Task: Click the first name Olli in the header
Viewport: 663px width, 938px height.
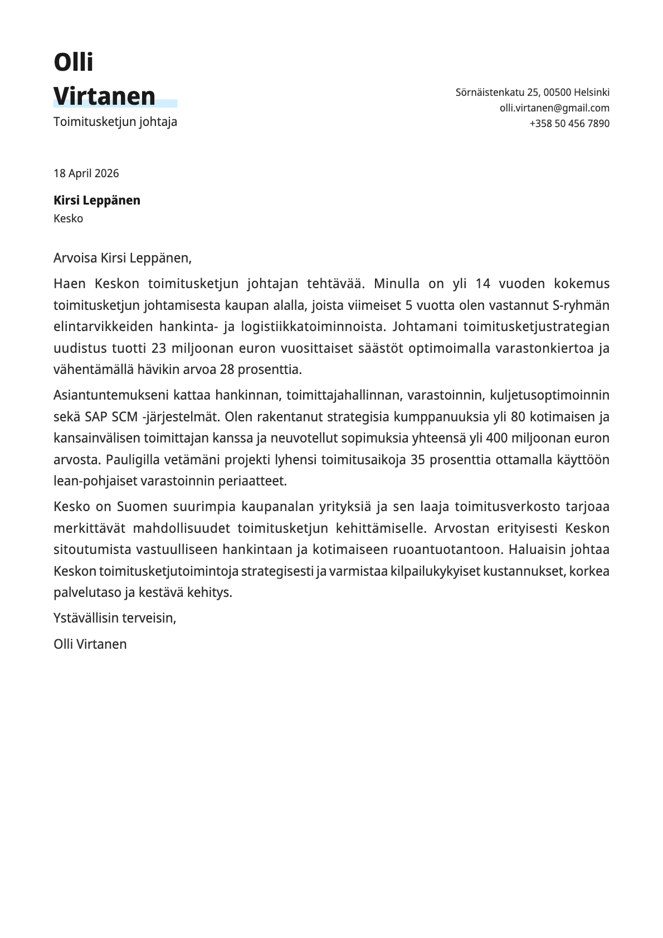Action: (73, 62)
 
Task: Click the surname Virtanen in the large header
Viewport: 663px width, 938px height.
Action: (104, 96)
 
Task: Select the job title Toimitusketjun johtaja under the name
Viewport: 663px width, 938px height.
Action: (115, 121)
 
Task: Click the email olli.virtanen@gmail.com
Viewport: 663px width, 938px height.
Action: (554, 108)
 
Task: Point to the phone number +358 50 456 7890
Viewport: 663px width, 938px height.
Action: (569, 124)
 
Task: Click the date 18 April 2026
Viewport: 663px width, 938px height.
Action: (86, 173)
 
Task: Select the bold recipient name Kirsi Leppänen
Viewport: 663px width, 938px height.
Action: (96, 200)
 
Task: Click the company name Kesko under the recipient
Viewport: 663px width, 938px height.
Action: (68, 218)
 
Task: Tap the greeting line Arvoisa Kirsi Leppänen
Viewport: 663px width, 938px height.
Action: (122, 258)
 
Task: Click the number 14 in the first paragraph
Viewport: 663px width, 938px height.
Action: (482, 284)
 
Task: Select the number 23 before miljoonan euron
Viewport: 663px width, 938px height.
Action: (159, 348)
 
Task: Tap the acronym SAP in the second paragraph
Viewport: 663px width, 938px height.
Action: (96, 417)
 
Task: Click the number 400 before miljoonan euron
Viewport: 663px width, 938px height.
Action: (496, 438)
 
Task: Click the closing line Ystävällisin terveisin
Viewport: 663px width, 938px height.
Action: (114, 618)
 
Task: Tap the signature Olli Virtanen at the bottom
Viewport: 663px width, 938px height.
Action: (90, 644)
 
